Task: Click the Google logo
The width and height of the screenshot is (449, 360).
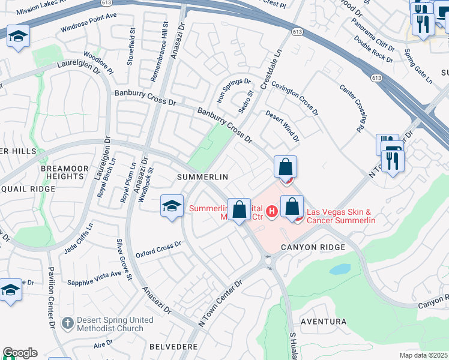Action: [x=20, y=353]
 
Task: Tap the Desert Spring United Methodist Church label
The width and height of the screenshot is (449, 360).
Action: [x=110, y=324]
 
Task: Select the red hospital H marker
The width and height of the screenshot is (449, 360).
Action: [x=271, y=211]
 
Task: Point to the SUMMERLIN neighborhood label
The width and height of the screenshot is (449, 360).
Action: [x=203, y=177]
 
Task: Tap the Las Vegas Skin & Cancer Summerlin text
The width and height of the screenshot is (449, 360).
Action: [x=341, y=216]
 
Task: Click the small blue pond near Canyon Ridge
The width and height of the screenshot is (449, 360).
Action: [x=339, y=269]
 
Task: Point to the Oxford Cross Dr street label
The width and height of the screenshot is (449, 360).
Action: [x=158, y=248]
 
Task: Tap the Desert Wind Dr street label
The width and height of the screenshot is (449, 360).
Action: [x=282, y=128]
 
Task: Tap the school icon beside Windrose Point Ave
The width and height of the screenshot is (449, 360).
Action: [x=18, y=37]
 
